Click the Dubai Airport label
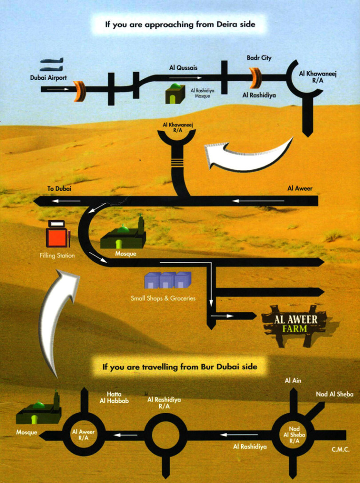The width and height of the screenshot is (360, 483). coord(49,78)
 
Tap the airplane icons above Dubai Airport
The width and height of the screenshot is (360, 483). coord(51,65)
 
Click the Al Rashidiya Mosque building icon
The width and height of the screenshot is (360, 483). coord(175,94)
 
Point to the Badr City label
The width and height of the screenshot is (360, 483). coord(259,58)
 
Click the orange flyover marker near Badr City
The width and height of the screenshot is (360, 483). coord(255,78)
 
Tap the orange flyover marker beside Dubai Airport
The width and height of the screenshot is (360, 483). coord(80,91)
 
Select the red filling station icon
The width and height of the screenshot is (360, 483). coord(57,234)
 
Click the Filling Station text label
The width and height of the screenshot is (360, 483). coord(57,256)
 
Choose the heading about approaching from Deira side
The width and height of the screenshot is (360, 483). coord(180,24)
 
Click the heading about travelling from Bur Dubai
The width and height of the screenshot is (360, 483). coord(180,366)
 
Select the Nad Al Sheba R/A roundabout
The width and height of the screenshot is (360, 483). coord(294,435)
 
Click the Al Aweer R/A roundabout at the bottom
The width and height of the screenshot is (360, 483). coord(83,434)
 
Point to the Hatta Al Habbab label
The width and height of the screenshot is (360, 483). coord(114,398)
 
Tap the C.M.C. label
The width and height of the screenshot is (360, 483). coord(341,450)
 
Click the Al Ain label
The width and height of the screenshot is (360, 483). coord(293,381)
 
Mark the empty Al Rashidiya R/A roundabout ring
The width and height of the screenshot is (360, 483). coord(165,435)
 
